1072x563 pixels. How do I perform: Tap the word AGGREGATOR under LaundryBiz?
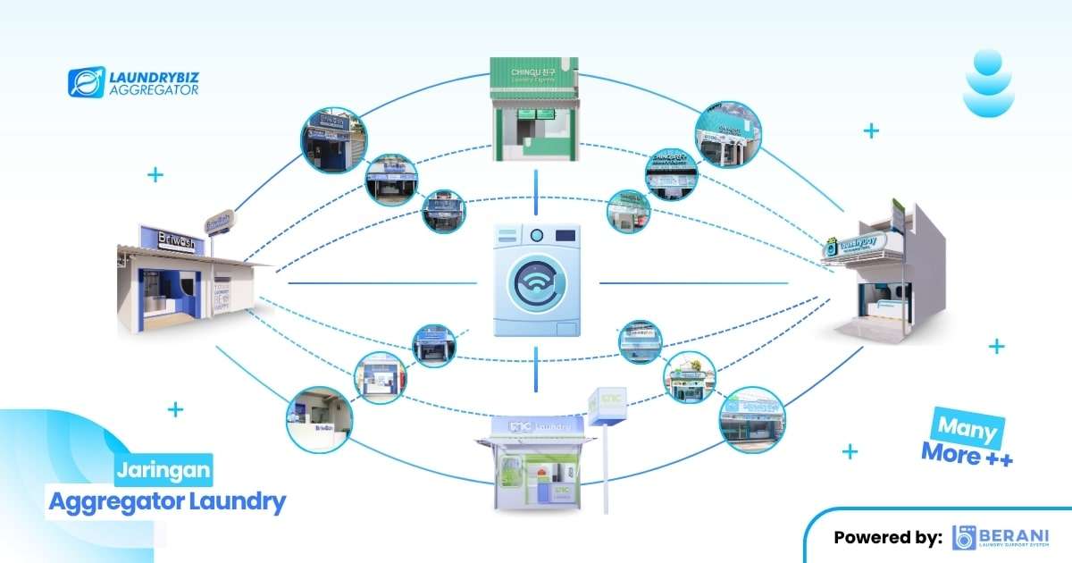(153, 91)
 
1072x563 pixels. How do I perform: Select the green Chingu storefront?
(534, 109)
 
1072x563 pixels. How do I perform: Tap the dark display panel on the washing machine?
(564, 235)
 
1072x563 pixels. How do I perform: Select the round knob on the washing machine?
(536, 236)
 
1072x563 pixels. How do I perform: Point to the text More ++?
(967, 455)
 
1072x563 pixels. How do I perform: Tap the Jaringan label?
(163, 468)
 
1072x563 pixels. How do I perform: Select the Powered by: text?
(887, 537)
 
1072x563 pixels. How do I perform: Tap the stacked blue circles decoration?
(988, 82)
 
